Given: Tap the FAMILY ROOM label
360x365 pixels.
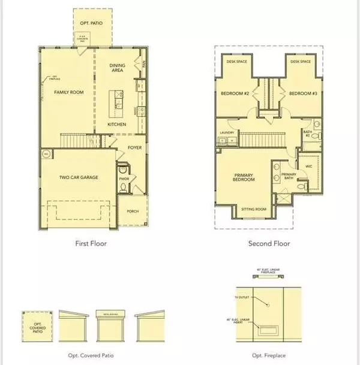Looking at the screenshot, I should click(x=69, y=92).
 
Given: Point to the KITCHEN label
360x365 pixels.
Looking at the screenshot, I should click(x=117, y=124).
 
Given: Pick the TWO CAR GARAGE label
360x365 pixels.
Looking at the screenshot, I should click(x=79, y=177).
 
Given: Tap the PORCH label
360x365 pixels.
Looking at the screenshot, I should click(x=132, y=212).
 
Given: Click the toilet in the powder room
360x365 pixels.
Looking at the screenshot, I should click(x=123, y=187).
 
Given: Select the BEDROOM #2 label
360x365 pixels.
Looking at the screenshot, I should click(x=232, y=94).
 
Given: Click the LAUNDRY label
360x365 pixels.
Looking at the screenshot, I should click(x=226, y=132).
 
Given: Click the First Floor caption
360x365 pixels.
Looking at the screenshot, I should click(x=91, y=244).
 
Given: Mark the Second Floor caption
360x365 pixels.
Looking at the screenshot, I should click(x=269, y=244).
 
